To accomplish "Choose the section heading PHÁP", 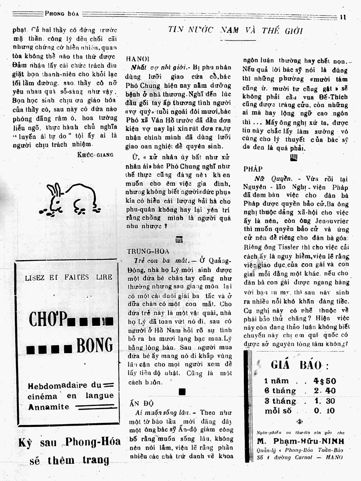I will [x=253, y=169].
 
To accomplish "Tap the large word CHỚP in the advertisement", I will [x=48, y=320].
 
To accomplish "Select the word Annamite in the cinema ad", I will [x=49, y=407].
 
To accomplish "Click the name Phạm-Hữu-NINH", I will [x=301, y=441].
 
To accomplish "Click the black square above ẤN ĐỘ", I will [x=182, y=392].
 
